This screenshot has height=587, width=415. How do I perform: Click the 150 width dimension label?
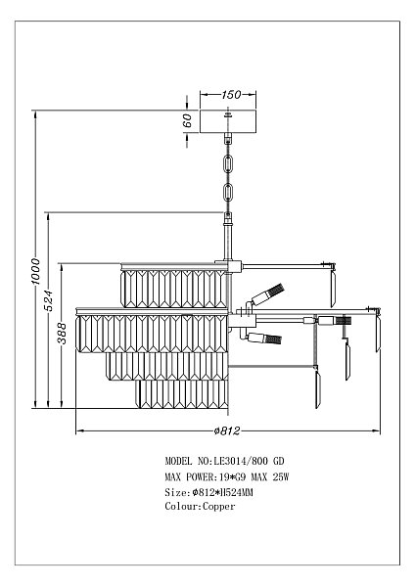(230, 94)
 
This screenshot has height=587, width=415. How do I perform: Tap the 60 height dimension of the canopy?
(187, 120)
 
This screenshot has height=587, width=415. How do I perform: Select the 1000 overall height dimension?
(35, 271)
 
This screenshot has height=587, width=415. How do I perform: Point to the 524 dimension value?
(49, 300)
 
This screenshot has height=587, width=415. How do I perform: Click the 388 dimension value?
(62, 334)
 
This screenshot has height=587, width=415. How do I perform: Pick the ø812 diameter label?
(227, 430)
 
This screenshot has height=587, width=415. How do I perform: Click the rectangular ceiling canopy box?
(228, 121)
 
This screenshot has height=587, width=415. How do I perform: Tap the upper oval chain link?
(228, 164)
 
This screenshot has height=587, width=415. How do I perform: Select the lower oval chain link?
(228, 193)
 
